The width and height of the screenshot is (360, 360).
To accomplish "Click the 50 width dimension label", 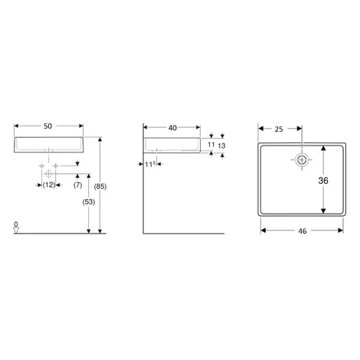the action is point(47,126).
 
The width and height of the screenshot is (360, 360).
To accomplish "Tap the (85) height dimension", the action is point(100,187).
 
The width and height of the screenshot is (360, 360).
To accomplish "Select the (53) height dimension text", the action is point(89,202).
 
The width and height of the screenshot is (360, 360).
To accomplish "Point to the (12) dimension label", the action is point(49,185).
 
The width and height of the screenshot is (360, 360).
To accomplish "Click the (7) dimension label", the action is point(78,185).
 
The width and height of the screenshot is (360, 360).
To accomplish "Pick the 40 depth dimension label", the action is point(172,128).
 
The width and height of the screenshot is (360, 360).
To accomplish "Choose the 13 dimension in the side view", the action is point(221,146).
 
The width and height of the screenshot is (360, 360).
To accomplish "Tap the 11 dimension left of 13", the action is point(211,145).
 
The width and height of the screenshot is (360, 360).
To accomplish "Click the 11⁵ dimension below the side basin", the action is point(150,164).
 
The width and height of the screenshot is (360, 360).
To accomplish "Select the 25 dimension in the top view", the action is point(279,129).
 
